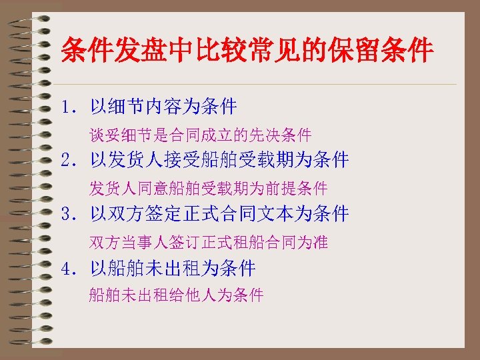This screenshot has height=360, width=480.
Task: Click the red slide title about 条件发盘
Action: click(x=247, y=50)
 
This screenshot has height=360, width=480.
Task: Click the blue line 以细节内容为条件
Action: click(x=164, y=106)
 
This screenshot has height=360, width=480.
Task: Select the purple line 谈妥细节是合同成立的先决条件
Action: click(x=201, y=136)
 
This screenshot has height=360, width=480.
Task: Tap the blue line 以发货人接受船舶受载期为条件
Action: click(x=220, y=160)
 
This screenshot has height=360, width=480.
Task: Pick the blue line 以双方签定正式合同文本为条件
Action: click(x=220, y=215)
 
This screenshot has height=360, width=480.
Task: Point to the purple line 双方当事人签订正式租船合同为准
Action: click(x=209, y=243)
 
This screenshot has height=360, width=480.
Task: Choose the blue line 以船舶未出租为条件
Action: click(x=173, y=269)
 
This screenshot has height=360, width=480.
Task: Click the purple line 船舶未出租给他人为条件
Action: click(x=177, y=295)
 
